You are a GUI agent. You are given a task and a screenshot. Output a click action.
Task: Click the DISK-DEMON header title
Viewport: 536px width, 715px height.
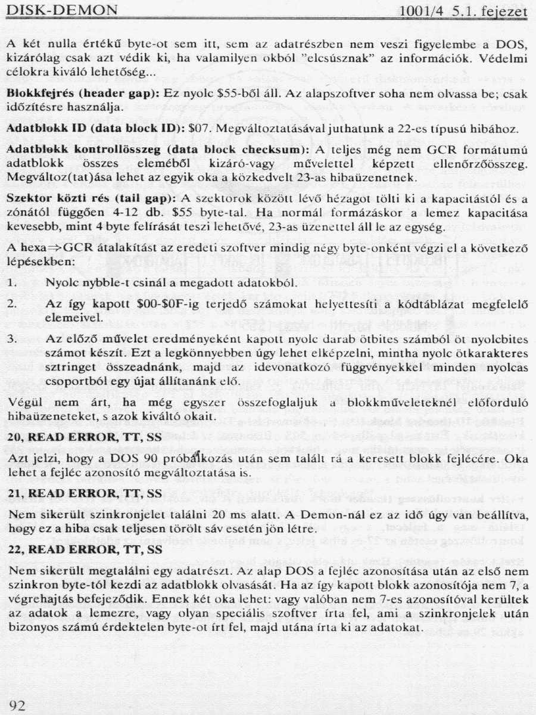[61, 11]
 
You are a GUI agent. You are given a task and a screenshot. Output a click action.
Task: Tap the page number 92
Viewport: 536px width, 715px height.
[17, 705]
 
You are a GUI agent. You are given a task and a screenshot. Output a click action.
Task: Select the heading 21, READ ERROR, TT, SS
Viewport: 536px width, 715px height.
[84, 493]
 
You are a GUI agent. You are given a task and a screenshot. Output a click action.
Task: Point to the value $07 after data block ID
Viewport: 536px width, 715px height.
[196, 128]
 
